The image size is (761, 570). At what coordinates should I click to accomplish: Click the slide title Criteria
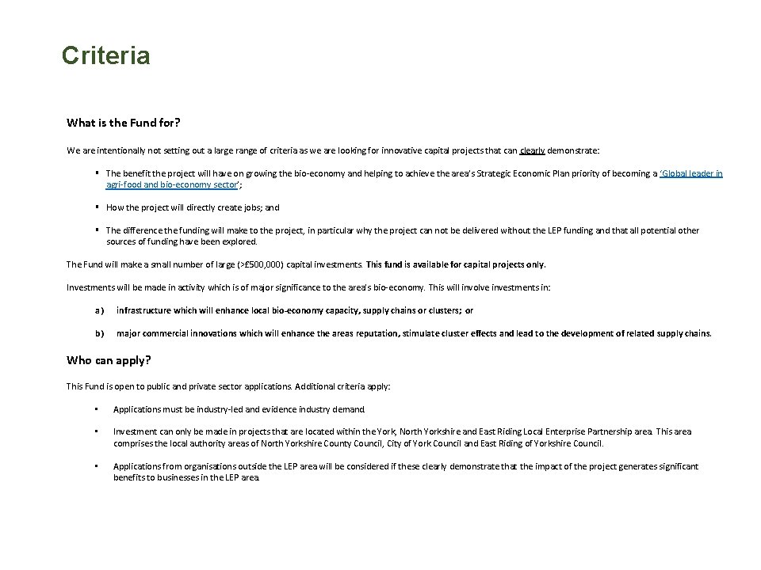pos(105,56)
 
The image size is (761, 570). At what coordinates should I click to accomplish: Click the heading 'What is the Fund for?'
pos(123,123)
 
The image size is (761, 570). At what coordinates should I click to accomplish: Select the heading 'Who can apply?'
pos(109,360)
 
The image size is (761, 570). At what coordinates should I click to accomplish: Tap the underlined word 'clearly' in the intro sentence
pos(532,150)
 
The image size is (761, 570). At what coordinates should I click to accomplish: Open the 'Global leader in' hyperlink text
pos(691,173)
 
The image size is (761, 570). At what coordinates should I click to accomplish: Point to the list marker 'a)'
pos(100,311)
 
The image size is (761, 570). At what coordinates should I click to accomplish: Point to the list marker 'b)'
pos(100,333)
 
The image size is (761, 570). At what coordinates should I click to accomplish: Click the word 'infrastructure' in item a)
pos(143,311)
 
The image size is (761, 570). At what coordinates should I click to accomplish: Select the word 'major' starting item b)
pos(128,333)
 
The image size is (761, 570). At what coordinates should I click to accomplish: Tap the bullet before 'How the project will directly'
pos(95,207)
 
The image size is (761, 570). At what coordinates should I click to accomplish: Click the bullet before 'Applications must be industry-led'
pos(94,409)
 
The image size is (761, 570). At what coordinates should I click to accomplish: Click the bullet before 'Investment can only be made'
pos(94,431)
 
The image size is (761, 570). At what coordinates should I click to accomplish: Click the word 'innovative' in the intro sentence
pos(369,150)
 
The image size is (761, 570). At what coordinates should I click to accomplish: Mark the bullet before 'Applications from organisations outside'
pos(94,466)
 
